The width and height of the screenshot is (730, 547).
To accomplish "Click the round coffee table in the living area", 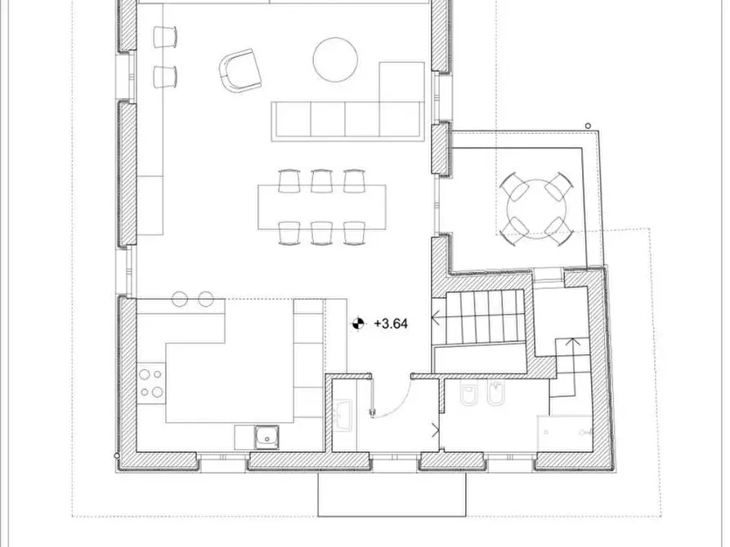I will (335, 60).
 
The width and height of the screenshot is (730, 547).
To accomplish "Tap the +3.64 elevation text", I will (390, 323).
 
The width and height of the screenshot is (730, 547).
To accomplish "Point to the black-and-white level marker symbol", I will (358, 324).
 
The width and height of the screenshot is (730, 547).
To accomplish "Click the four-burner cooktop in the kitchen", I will (150, 384).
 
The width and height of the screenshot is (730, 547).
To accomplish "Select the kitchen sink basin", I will (265, 437).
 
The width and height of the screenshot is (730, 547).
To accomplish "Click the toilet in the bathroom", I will (470, 394).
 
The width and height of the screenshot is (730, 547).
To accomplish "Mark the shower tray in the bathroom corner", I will (563, 433).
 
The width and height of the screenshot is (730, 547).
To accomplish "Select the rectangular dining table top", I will (321, 207).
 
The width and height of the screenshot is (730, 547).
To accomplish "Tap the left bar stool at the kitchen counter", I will (181, 299).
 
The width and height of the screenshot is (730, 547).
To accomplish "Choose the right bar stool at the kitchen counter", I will (205, 299).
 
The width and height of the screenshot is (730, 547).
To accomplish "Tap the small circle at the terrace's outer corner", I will (588, 126).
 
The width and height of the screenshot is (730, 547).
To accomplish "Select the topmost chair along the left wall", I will (166, 36).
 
